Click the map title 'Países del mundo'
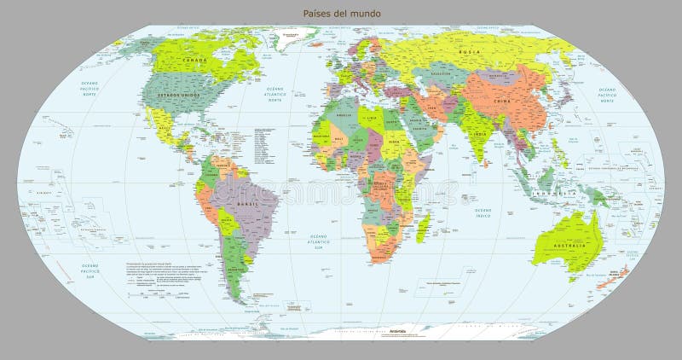(x=342, y=14)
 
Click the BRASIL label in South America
(x=250, y=205)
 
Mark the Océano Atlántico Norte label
(x=275, y=94)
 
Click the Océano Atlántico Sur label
(x=319, y=241)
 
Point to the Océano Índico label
(x=483, y=213)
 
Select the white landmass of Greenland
(x=294, y=36)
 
